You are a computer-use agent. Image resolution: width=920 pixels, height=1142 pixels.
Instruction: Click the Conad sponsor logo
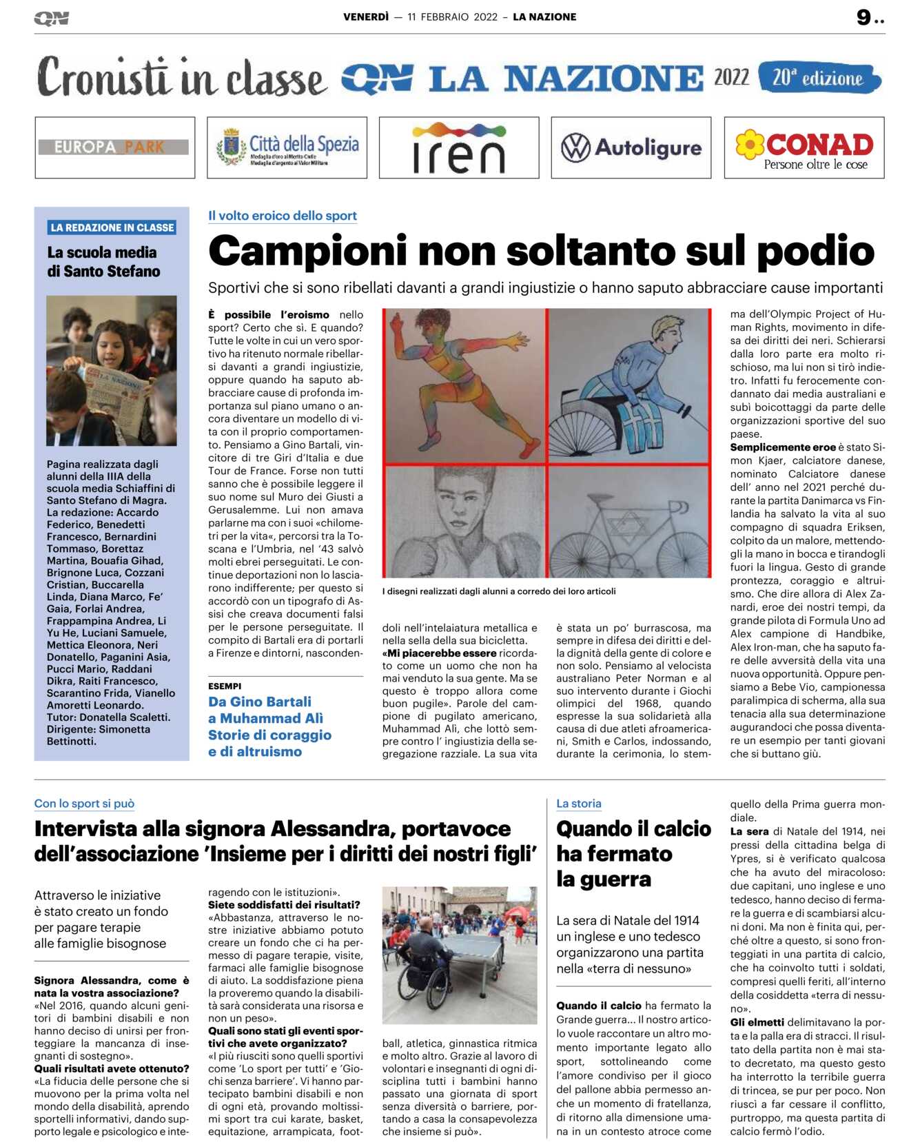pyautogui.click(x=804, y=147)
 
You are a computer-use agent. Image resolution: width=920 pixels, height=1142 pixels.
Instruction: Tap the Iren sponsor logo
pyautogui.click(x=459, y=147)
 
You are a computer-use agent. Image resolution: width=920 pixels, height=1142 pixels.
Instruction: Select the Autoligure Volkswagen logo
pyautogui.click(x=631, y=147)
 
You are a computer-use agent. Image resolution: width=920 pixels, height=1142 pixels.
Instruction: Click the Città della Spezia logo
pyautogui.click(x=287, y=147)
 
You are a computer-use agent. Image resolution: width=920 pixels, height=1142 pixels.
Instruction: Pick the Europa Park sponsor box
pyautogui.click(x=114, y=147)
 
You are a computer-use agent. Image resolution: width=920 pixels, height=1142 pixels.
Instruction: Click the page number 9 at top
pyautogui.click(x=863, y=17)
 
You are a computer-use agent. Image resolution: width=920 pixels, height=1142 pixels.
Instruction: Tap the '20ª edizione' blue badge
pyautogui.click(x=819, y=78)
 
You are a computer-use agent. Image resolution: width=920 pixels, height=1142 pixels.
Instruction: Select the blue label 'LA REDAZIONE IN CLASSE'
pyautogui.click(x=112, y=227)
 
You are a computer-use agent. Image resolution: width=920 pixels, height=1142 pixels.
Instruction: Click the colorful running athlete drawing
pyautogui.click(x=464, y=385)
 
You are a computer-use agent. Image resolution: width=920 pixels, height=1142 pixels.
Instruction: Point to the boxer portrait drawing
pyautogui.click(x=464, y=522)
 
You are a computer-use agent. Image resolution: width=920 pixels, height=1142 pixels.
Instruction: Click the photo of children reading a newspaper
pyautogui.click(x=112, y=370)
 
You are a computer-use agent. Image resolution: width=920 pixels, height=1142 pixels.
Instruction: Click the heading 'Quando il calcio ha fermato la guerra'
pyautogui.click(x=633, y=853)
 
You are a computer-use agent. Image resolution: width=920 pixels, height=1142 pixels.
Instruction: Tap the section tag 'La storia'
pyautogui.click(x=579, y=804)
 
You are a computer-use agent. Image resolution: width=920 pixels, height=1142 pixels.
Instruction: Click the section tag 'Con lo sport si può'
pyautogui.click(x=84, y=804)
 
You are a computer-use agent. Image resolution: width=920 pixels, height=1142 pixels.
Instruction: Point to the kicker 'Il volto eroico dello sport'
pyautogui.click(x=283, y=216)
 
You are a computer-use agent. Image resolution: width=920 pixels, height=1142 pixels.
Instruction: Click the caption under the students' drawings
pyautogui.click(x=499, y=591)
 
